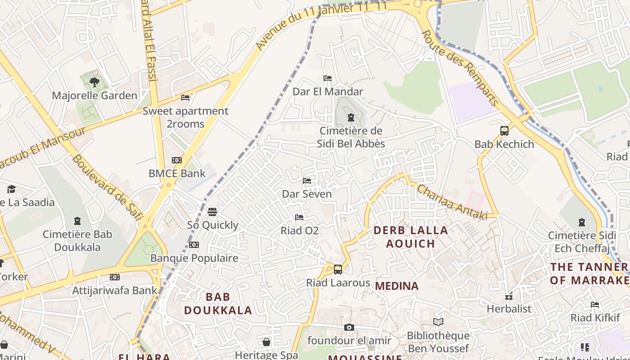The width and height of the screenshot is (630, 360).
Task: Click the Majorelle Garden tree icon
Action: [94, 82]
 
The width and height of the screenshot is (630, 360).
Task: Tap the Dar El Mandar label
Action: [328, 92]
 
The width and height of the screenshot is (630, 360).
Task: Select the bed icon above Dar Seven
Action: [307, 181]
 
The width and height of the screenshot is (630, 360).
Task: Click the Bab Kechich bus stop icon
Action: [504, 131]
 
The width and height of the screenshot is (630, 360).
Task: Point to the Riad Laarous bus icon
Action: [338, 270]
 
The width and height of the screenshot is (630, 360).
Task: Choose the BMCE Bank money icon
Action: [177, 160]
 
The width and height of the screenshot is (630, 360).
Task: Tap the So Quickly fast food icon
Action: [212, 211]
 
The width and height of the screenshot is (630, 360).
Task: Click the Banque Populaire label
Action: [194, 258]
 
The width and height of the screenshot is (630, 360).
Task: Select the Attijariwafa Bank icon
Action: [115, 277]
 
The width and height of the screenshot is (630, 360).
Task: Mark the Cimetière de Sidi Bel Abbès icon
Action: [351, 118]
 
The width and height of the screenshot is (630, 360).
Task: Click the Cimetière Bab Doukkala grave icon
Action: [77, 221]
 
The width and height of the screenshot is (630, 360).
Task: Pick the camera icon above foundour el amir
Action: [349, 327]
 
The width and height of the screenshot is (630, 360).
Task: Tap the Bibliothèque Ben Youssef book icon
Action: [438, 322]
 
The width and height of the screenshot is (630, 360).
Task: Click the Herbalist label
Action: [509, 309]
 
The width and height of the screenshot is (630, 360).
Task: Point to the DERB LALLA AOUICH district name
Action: [411, 237]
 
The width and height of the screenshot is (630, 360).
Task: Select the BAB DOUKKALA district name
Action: [218, 304]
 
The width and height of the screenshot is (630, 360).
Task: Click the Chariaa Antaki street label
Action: [452, 202]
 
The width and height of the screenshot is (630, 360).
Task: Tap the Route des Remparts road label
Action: [460, 67]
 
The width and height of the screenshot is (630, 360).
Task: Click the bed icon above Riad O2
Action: [299, 217]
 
